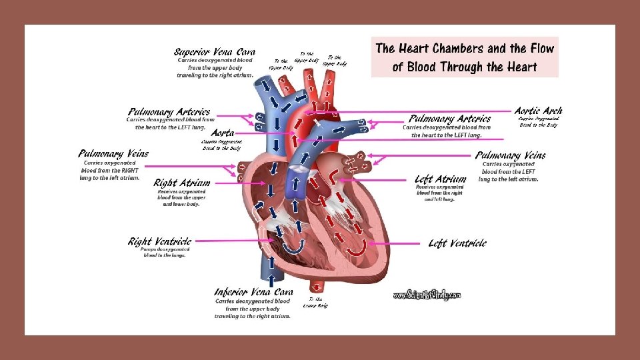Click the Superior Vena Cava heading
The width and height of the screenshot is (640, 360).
(x=214, y=52)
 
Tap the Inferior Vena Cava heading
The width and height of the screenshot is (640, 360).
(x=253, y=292)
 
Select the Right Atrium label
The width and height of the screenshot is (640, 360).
(x=181, y=183)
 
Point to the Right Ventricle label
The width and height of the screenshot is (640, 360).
(x=160, y=241)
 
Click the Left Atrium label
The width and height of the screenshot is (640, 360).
(x=440, y=179)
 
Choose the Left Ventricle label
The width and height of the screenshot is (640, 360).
(x=457, y=243)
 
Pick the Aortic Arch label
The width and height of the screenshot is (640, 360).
(x=538, y=111)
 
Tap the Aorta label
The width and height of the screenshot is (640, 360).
(x=222, y=134)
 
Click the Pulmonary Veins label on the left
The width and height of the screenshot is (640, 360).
(x=113, y=154)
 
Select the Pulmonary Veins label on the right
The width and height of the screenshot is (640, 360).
(x=510, y=155)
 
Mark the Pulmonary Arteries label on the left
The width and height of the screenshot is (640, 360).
(x=169, y=112)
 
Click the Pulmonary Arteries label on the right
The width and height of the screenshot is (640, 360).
(x=450, y=119)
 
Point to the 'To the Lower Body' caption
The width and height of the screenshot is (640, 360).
(x=315, y=303)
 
